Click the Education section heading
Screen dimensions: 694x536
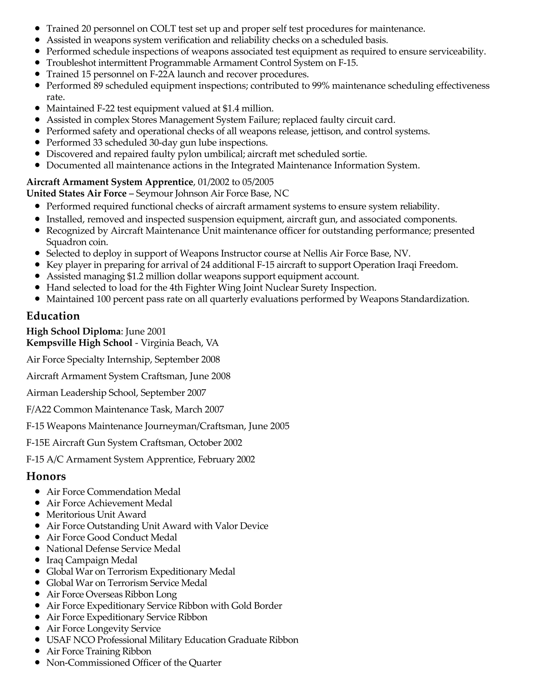point(53,316)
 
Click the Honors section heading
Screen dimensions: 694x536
point(46,476)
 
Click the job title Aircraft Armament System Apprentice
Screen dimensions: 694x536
point(110,182)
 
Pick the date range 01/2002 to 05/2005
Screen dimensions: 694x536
point(236,182)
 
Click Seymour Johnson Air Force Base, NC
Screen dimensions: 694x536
point(212,193)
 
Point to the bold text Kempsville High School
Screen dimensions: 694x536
point(79,343)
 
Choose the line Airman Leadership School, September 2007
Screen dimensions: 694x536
point(116,393)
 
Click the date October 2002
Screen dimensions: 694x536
point(215,442)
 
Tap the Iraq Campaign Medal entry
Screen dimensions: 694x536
point(92,560)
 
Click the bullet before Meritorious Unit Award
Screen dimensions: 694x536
point(37,514)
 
